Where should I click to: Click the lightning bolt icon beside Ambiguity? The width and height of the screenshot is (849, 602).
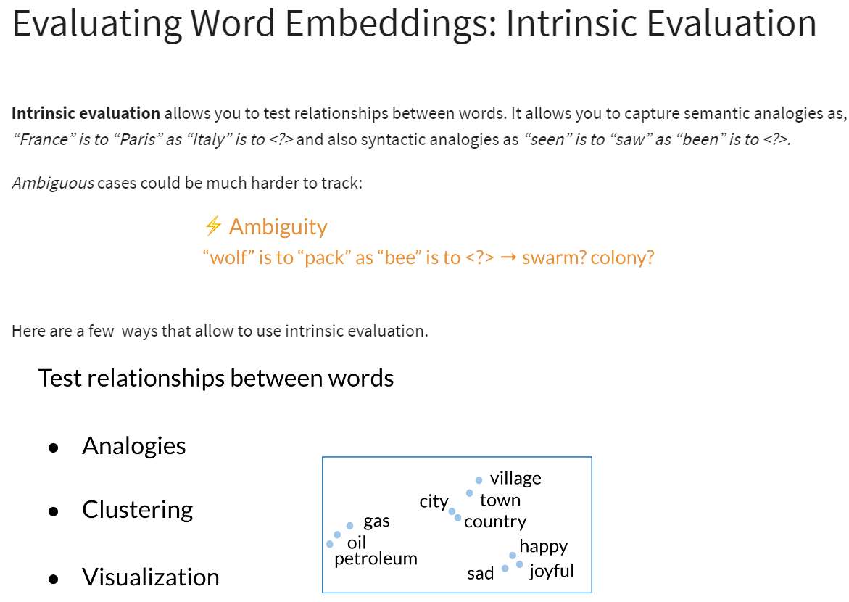213,226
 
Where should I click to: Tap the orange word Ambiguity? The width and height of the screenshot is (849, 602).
278,227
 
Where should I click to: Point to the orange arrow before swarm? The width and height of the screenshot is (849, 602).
508,257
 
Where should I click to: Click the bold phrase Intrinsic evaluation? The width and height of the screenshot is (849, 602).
86,113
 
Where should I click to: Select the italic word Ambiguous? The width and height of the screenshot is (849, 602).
54,184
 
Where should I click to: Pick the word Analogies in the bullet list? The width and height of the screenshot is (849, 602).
133,446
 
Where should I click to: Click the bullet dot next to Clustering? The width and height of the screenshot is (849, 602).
53,511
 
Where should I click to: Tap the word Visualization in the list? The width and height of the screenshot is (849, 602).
151,577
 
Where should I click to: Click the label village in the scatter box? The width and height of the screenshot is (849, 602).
515,479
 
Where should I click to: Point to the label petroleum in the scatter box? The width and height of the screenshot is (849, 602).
376,558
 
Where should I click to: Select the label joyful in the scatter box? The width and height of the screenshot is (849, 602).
552,571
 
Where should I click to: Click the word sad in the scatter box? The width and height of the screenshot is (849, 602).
480,573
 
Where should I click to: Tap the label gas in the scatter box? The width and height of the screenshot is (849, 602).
376,521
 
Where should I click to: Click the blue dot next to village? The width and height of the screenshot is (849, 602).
479,480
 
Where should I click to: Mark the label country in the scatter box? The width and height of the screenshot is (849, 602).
495,521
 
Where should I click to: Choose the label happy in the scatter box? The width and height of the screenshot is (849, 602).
544,546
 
